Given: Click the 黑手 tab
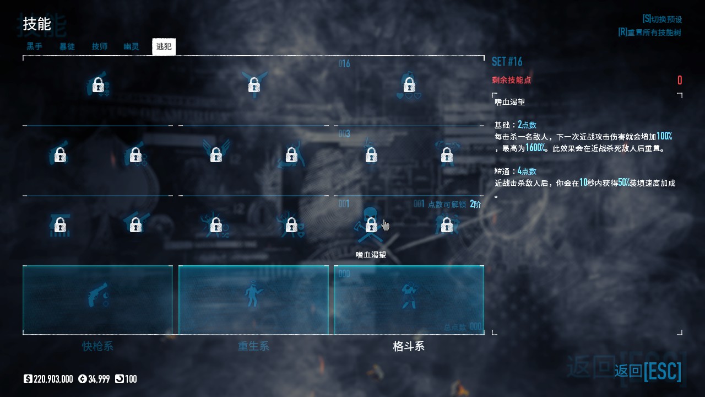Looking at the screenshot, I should click(34, 46).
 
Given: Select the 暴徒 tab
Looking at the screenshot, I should click(67, 46).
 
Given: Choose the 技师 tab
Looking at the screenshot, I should click(99, 46).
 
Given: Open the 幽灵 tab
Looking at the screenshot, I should click(131, 46).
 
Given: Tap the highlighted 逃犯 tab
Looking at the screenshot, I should click(164, 47).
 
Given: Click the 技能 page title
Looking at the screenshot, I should click(37, 24).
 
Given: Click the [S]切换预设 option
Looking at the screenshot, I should click(661, 19).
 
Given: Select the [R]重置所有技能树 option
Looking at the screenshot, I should click(649, 32).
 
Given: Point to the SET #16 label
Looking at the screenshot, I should click(507, 61).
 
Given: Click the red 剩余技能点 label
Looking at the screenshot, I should click(511, 80).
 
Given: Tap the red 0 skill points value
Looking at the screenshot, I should click(679, 81).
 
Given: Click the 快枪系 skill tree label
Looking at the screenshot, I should click(97, 346).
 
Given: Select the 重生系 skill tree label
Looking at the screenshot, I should click(253, 346).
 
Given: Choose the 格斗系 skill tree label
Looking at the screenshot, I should click(409, 346).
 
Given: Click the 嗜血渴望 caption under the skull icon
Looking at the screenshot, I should click(371, 255).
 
